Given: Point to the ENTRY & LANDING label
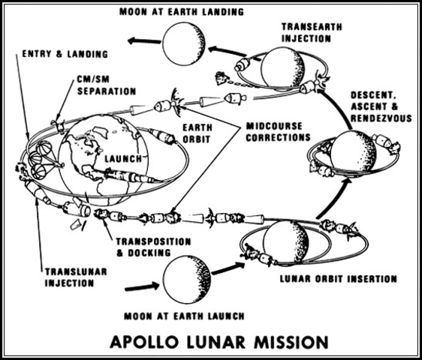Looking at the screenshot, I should click(x=65, y=54).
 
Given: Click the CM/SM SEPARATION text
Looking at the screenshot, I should click(x=107, y=85).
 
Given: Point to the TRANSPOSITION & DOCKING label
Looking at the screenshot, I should click(x=147, y=248).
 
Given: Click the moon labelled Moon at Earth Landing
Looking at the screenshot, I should click(x=183, y=43).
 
